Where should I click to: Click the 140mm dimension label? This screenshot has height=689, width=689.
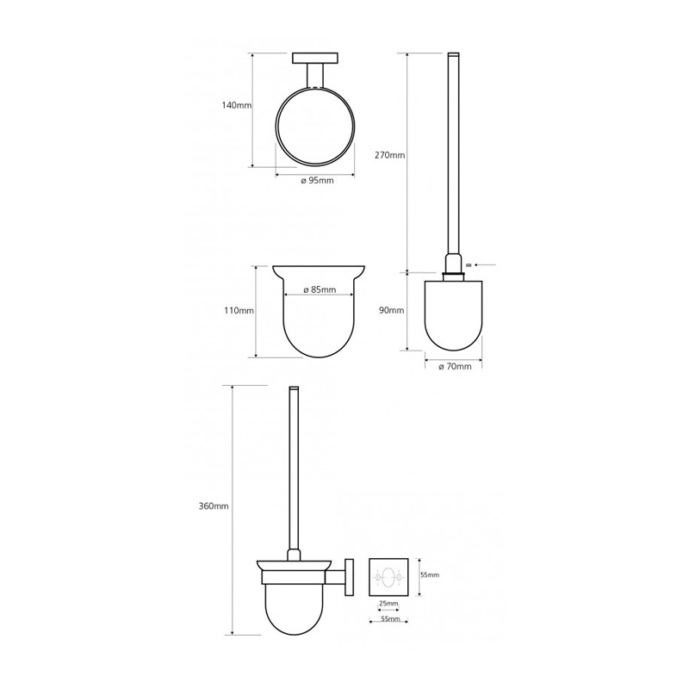(x=236, y=105)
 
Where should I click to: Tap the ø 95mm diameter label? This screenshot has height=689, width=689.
(x=317, y=181)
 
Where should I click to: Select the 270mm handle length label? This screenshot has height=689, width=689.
(x=390, y=155)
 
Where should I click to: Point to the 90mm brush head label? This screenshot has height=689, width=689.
(x=391, y=311)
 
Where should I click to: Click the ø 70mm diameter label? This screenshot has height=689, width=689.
(x=455, y=367)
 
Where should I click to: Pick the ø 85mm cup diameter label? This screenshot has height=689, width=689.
(x=320, y=289)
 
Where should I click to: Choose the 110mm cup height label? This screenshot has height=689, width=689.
(x=239, y=311)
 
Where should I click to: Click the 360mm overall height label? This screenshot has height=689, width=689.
(x=214, y=506)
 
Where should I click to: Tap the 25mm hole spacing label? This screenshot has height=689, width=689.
(x=388, y=604)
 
